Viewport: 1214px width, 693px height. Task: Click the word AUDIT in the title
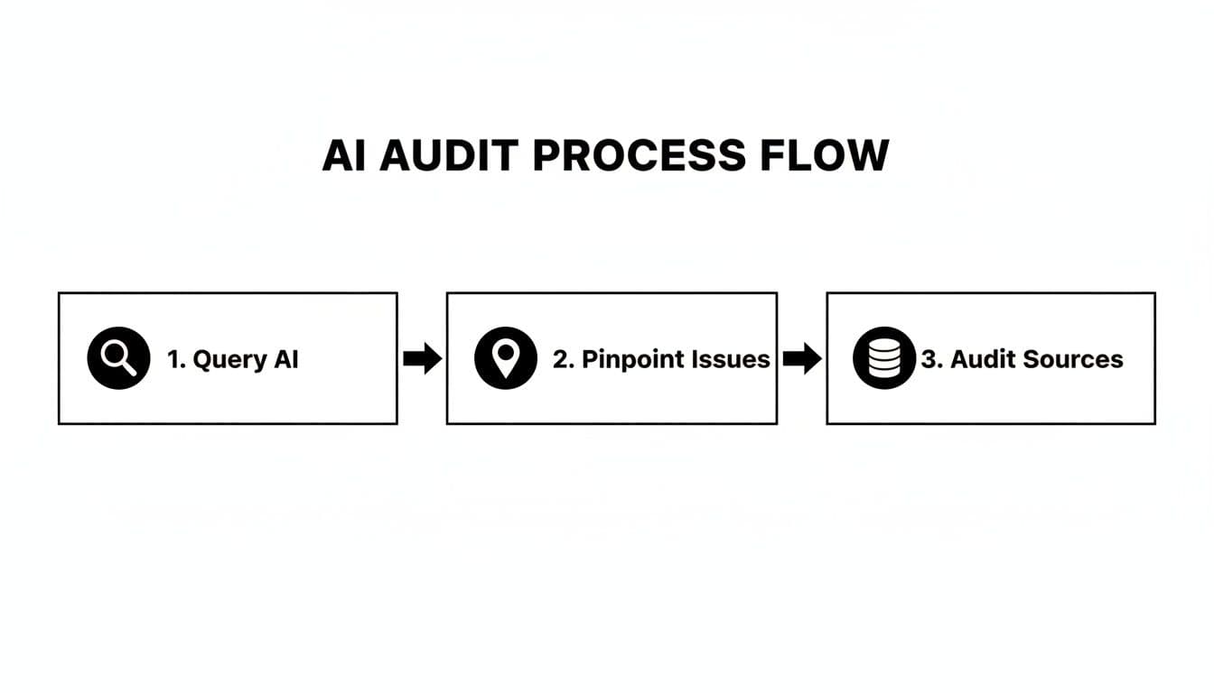(x=448, y=155)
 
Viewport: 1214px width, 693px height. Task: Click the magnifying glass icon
(x=118, y=358)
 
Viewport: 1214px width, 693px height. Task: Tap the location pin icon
(x=506, y=358)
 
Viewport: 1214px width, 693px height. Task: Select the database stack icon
(x=884, y=358)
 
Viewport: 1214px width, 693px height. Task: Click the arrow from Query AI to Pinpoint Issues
(x=422, y=359)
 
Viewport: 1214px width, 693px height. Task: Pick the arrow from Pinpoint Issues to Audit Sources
(x=802, y=359)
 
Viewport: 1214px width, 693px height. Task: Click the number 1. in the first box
(x=175, y=359)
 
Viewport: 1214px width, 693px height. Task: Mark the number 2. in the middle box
(x=563, y=359)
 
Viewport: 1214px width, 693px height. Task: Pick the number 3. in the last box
(x=931, y=359)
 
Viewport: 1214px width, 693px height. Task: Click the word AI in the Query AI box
(x=285, y=359)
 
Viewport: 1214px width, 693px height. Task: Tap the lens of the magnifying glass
(x=115, y=354)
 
